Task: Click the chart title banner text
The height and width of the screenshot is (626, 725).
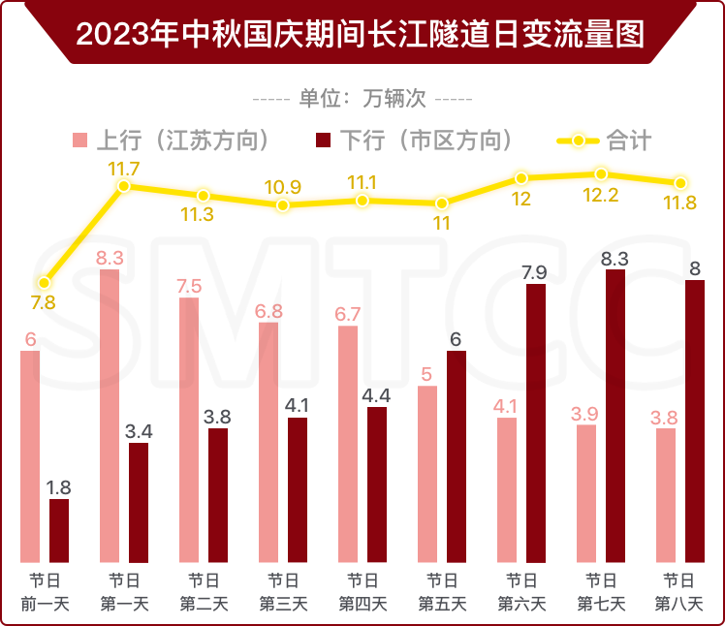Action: tap(361, 35)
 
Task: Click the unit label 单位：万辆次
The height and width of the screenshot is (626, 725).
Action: tap(362, 99)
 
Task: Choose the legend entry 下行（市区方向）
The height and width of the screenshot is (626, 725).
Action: tap(407, 141)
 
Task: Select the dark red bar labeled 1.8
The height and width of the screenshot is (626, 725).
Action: tap(59, 530)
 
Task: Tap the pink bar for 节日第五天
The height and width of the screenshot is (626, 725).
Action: tap(427, 474)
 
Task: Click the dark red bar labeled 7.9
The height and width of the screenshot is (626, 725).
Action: tap(536, 423)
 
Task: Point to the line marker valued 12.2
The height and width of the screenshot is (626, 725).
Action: tap(601, 174)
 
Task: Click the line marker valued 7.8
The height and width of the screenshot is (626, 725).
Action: tap(44, 282)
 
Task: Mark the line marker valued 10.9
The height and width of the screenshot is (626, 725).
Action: tap(282, 205)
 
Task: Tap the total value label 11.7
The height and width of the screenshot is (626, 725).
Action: tap(123, 169)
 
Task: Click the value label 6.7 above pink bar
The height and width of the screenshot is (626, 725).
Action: tap(348, 314)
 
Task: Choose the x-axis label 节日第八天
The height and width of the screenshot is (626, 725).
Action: tap(679, 592)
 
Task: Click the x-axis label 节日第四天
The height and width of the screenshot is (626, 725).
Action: tap(362, 592)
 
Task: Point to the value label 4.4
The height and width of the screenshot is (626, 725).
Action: tap(377, 394)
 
